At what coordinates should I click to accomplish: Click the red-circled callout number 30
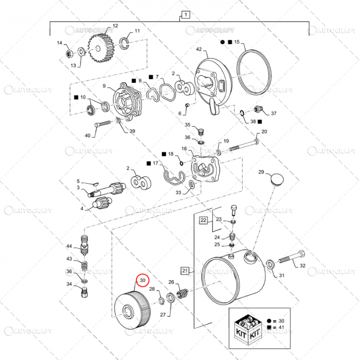pos(142,281)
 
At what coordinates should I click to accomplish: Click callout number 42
pos(199,49)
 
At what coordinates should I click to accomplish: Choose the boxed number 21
pos(184,269)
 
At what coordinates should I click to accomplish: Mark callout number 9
pos(104,86)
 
